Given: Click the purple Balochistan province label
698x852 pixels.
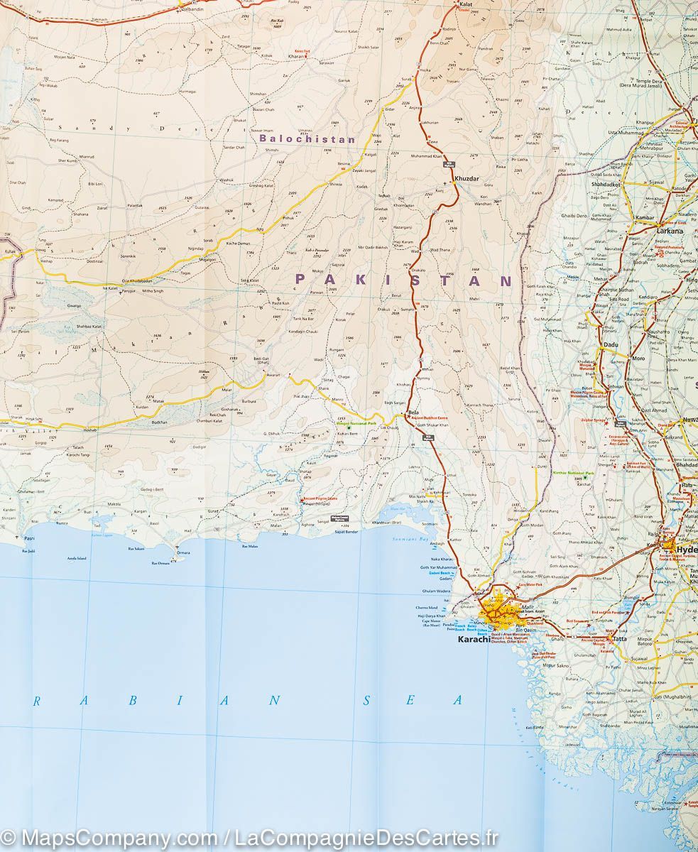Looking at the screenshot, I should pos(307,139).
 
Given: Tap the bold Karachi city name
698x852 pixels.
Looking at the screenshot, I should pos(474,640).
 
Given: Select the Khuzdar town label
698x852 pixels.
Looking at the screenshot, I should pos(467,177).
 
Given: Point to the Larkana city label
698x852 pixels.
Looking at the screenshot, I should pos(670,231).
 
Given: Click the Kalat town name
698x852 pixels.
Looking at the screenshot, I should pos(467,4).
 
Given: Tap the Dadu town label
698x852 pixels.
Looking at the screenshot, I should pos(610,344).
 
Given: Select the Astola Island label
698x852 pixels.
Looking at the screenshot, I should pos(77,559).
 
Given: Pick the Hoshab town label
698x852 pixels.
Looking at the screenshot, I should pos(89,430).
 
